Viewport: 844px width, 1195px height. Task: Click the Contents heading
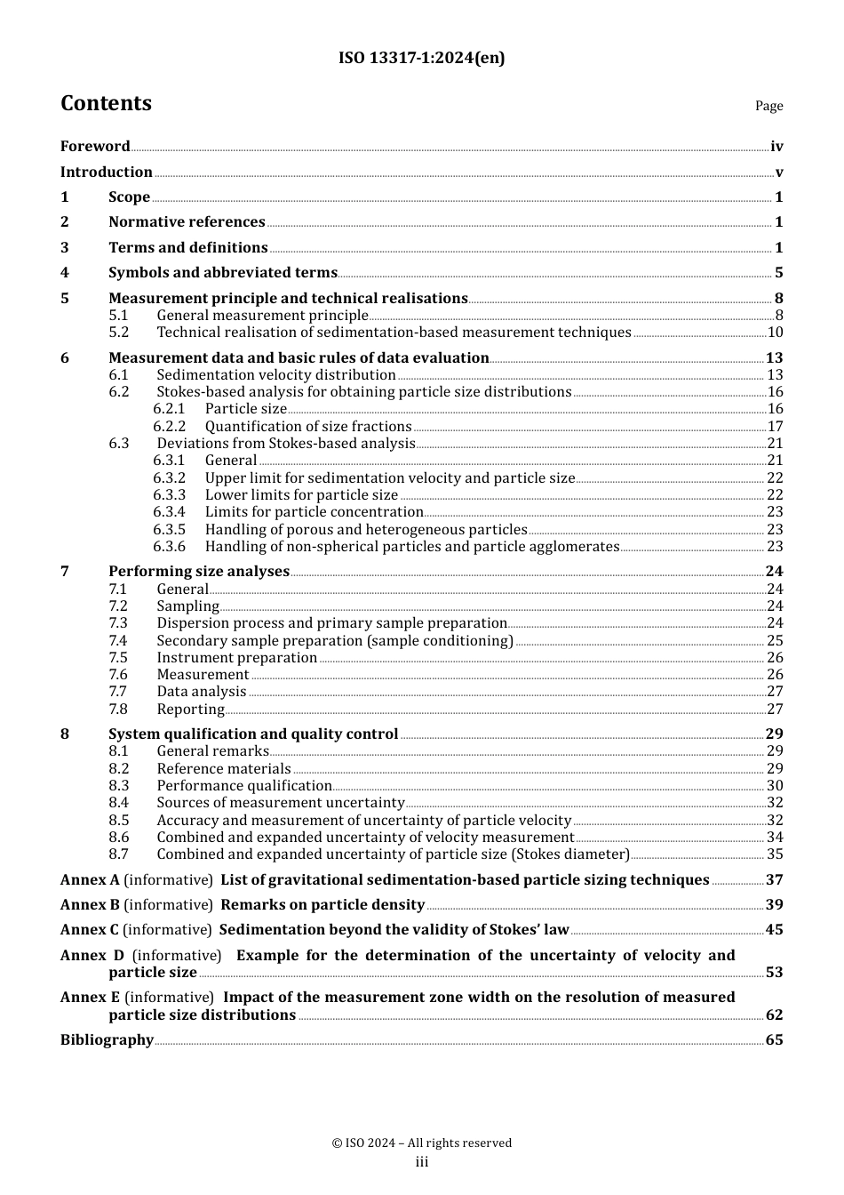coord(106,103)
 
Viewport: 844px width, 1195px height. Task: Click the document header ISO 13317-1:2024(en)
coord(421,58)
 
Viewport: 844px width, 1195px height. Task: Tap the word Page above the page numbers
coord(768,106)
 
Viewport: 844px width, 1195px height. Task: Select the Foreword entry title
coord(95,147)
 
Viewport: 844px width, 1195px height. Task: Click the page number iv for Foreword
coord(776,147)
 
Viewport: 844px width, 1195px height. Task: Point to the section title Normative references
coord(187,222)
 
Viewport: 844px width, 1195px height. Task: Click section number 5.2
coord(119,333)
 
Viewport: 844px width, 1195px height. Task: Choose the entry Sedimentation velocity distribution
coord(275,375)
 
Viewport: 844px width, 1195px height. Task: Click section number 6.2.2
coord(169,427)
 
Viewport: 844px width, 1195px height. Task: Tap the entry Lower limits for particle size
coord(301,495)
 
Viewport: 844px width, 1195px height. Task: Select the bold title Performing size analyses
coord(199,572)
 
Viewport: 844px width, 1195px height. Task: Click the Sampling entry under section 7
coord(187,606)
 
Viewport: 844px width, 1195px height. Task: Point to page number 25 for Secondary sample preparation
coord(775,641)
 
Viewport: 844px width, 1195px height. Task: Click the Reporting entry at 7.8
coord(190,710)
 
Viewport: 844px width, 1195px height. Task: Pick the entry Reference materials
coord(224,769)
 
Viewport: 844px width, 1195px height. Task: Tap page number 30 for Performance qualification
coord(775,786)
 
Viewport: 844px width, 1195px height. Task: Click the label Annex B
coord(90,905)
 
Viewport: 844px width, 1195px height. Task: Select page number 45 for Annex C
coord(775,930)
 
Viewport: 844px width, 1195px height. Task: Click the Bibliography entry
coord(107,1040)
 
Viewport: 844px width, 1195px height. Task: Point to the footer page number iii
coord(422,1162)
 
